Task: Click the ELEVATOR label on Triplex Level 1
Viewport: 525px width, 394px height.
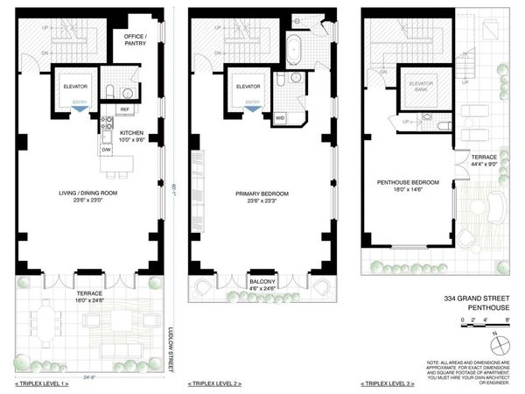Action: tap(75, 86)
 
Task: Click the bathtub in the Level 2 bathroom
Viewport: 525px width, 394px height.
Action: tap(294, 46)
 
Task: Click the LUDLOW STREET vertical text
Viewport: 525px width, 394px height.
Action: tap(170, 348)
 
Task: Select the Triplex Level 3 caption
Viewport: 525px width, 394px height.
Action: tap(391, 383)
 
